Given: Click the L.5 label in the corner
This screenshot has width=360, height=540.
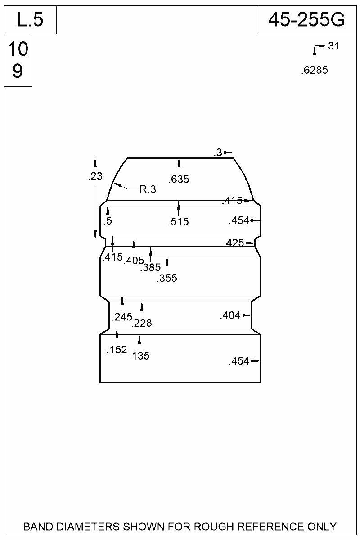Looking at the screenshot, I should pyautogui.click(x=30, y=20).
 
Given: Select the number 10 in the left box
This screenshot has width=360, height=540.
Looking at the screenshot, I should pyautogui.click(x=18, y=49).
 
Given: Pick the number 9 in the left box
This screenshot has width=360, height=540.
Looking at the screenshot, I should pyautogui.click(x=18, y=71).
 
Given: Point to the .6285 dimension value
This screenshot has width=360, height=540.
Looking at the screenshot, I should pyautogui.click(x=314, y=70).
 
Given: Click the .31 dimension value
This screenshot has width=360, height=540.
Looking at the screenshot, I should pyautogui.click(x=332, y=46).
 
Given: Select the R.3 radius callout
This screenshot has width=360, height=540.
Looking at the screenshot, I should pyautogui.click(x=148, y=189).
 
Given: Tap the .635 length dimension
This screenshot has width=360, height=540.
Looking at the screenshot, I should pyautogui.click(x=179, y=180).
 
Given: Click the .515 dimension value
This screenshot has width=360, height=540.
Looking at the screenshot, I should pyautogui.click(x=179, y=222).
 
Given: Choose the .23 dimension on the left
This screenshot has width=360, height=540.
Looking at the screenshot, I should pyautogui.click(x=95, y=177).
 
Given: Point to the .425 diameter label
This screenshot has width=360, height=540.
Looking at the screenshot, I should pyautogui.click(x=234, y=243).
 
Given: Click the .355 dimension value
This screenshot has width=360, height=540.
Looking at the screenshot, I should pyautogui.click(x=167, y=279).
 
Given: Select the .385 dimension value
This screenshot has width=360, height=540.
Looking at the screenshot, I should pyautogui.click(x=150, y=268).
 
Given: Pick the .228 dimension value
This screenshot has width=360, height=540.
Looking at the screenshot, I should pyautogui.click(x=142, y=323).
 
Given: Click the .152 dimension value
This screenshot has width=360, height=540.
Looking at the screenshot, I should pyautogui.click(x=117, y=350).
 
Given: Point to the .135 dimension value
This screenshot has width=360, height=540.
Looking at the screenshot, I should pyautogui.click(x=139, y=356).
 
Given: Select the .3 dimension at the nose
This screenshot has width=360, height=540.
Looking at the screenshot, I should pyautogui.click(x=218, y=153).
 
